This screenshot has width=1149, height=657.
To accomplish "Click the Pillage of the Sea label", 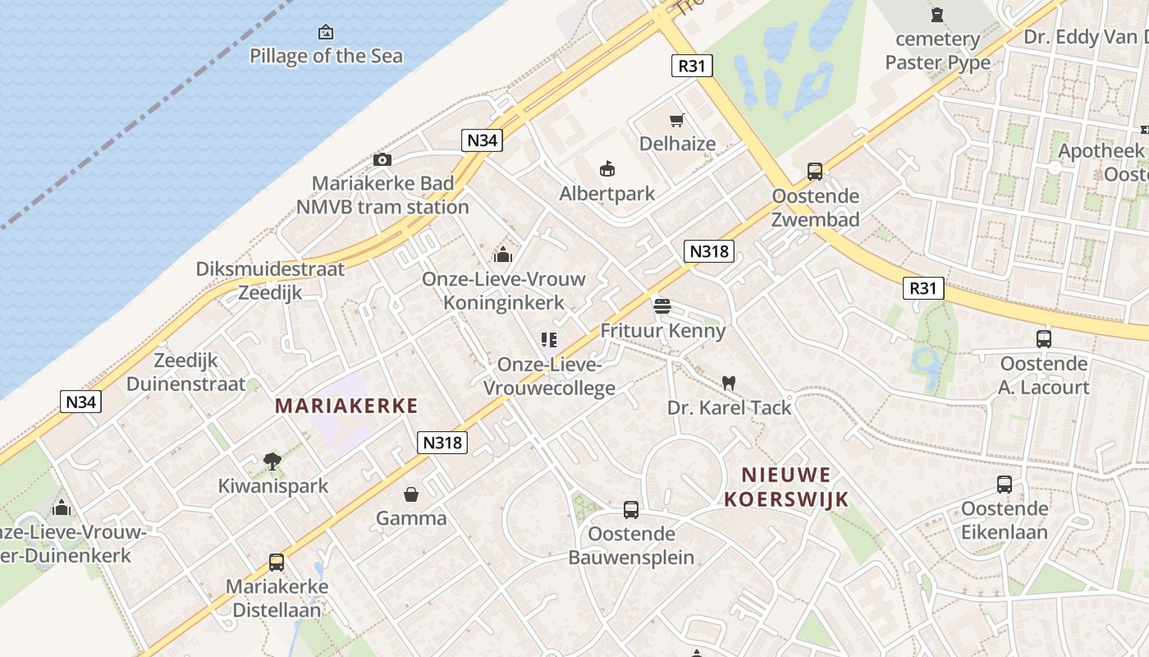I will tap(326, 56).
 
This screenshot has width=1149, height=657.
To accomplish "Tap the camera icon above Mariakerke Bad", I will tap(382, 159).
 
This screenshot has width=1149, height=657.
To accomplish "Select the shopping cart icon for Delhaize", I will tap(677, 121).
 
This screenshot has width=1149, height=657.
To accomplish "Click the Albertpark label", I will tap(607, 194).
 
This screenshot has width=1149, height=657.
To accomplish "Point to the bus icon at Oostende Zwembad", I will tap(814, 171).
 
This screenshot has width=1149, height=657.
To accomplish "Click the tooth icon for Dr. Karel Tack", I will tap(728, 383).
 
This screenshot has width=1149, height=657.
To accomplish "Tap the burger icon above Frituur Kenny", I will tap(662, 306).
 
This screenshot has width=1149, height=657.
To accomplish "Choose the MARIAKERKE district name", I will tap(346, 406).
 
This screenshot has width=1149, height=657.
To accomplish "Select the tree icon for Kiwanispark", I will tap(272, 462).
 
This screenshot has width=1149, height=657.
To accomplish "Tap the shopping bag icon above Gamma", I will tap(410, 494).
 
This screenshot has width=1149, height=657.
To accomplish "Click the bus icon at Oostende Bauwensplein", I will tap(630, 509).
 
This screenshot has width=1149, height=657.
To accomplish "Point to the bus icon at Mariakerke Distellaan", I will tap(277, 563).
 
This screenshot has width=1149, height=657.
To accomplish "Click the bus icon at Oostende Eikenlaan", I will tap(1004, 485).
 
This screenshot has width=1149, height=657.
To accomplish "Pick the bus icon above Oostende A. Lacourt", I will tap(1043, 338).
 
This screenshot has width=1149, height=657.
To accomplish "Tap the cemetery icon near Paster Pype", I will tap(937, 15).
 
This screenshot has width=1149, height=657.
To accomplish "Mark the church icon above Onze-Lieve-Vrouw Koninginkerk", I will tap(502, 255).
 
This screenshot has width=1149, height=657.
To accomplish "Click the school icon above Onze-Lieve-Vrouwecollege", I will tap(548, 339).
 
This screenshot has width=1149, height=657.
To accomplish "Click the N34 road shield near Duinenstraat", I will tap(80, 402).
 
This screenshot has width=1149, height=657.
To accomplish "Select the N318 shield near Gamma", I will tap(442, 443).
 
